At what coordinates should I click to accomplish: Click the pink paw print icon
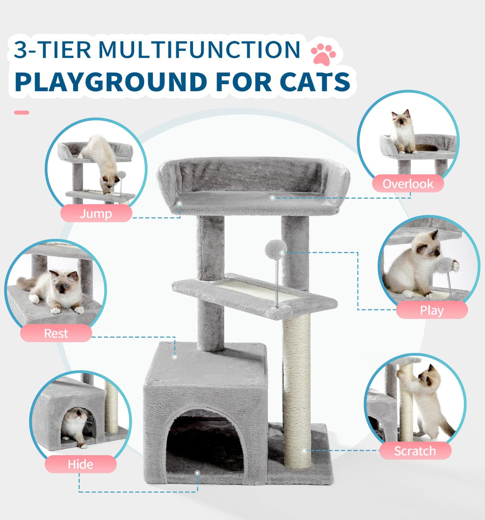pos(323,54)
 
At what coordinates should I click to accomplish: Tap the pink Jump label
pos(96,213)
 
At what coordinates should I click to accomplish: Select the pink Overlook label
pos(408,184)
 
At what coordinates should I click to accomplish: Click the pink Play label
pos(431,310)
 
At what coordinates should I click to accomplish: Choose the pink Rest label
pos(56,333)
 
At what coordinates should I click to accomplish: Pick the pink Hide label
pos(80,464)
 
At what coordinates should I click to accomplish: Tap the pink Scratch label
pos(415,451)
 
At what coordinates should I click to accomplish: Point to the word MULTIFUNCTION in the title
pos(199,50)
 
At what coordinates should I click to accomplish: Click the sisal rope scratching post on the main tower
pos(297,392)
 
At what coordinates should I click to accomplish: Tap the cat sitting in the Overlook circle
pos(403,132)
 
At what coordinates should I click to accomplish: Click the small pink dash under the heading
pos(22,113)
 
